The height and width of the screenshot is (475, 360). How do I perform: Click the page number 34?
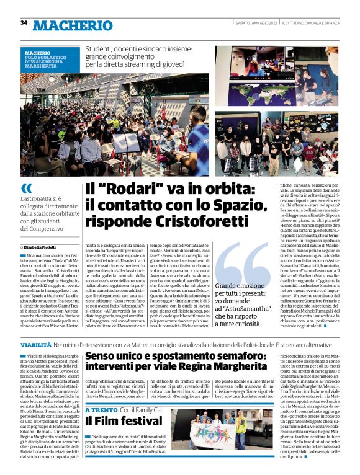point(24,23)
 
